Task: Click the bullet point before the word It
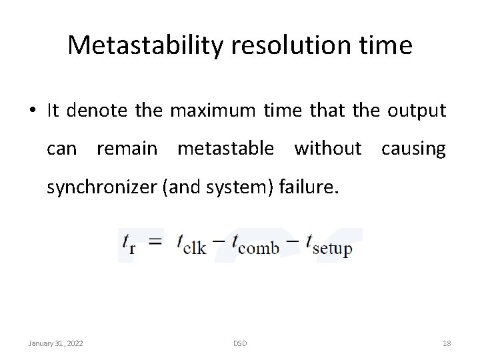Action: click(34, 111)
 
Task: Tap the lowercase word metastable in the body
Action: click(225, 149)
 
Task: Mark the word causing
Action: click(413, 149)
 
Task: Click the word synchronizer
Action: click(101, 188)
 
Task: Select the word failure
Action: click(313, 187)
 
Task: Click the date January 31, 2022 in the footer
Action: click(55, 343)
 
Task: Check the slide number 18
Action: click(447, 343)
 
